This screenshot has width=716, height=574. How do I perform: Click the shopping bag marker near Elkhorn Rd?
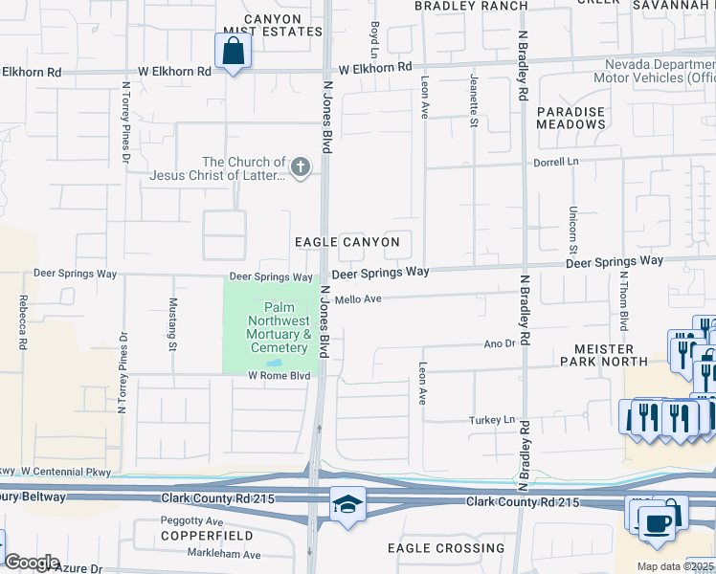click(233, 51)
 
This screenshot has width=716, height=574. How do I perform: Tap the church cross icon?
click(301, 168)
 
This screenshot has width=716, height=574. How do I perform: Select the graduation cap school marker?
click(347, 503)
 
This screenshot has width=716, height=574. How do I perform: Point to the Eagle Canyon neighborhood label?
click(347, 242)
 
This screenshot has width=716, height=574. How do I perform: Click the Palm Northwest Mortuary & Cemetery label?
click(279, 327)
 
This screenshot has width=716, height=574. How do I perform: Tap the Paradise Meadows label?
click(571, 118)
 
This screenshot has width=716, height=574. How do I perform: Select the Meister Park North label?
click(613, 355)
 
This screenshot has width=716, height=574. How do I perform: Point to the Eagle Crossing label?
click(446, 548)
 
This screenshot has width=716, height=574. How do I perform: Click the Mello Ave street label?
click(358, 299)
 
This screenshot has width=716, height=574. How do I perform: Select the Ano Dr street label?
click(500, 342)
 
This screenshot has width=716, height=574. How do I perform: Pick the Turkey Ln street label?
click(492, 420)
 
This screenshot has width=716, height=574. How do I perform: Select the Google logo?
click(33, 563)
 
